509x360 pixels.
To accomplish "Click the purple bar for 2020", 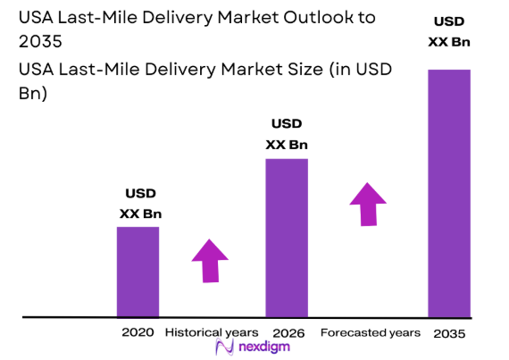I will tap(138, 272).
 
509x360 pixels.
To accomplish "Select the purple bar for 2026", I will tap(287, 238).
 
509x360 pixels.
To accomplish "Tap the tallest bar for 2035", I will tap(449, 193).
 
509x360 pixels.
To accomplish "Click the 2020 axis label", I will tap(138, 332).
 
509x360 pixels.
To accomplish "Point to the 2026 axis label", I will tap(287, 332).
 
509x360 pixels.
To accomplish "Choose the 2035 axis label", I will tap(449, 333).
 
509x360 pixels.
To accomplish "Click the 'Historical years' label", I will tap(211, 332).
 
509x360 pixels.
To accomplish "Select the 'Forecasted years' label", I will tap(370, 332).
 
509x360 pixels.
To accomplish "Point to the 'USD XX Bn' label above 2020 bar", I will tap(140, 204).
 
